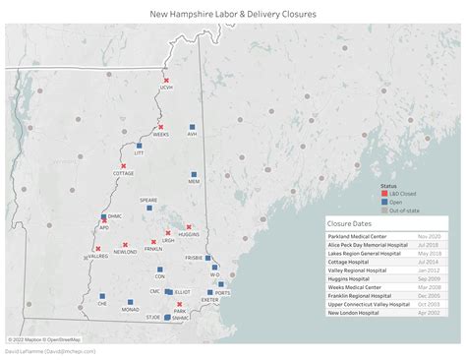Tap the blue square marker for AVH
click(x=193, y=127)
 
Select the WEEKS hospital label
click(x=161, y=135)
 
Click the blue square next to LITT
click(x=140, y=146)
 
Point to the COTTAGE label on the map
click(x=124, y=173)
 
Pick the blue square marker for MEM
click(x=194, y=175)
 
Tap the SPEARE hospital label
click(x=148, y=200)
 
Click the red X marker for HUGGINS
click(x=189, y=227)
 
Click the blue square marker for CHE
click(x=102, y=296)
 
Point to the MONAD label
click(x=130, y=309)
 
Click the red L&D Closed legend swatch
click(x=384, y=195)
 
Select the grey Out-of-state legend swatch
click(x=384, y=210)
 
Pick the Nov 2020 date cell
click(x=429, y=237)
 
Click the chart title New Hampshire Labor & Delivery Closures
click(x=232, y=14)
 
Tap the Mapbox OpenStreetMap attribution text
click(x=44, y=338)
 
